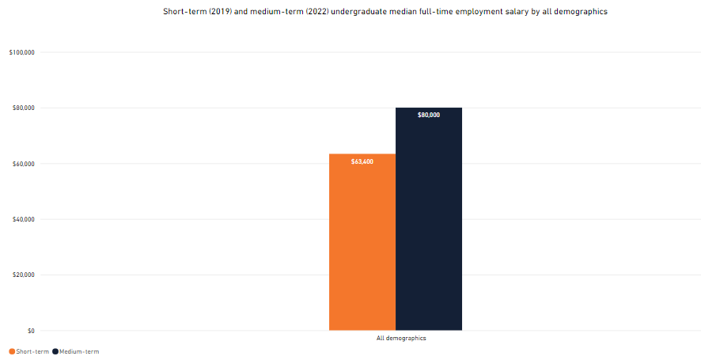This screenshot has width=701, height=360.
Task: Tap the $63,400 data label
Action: [362, 161]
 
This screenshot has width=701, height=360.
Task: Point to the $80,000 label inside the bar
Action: [429, 116]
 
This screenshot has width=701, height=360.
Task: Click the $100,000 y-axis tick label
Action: [21, 52]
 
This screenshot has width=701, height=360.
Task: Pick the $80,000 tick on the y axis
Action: [22, 108]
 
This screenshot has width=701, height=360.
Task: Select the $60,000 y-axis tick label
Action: [22, 164]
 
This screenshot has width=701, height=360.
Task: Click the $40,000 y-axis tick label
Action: [22, 219]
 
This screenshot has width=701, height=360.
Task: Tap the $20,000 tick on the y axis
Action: [22, 275]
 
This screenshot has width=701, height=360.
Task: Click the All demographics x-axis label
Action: [401, 338]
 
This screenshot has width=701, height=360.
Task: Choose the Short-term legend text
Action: [32, 351]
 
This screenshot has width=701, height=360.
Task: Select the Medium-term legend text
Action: [79, 351]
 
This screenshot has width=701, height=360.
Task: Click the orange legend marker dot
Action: [12, 351]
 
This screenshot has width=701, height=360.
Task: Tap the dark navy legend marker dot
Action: [55, 351]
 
